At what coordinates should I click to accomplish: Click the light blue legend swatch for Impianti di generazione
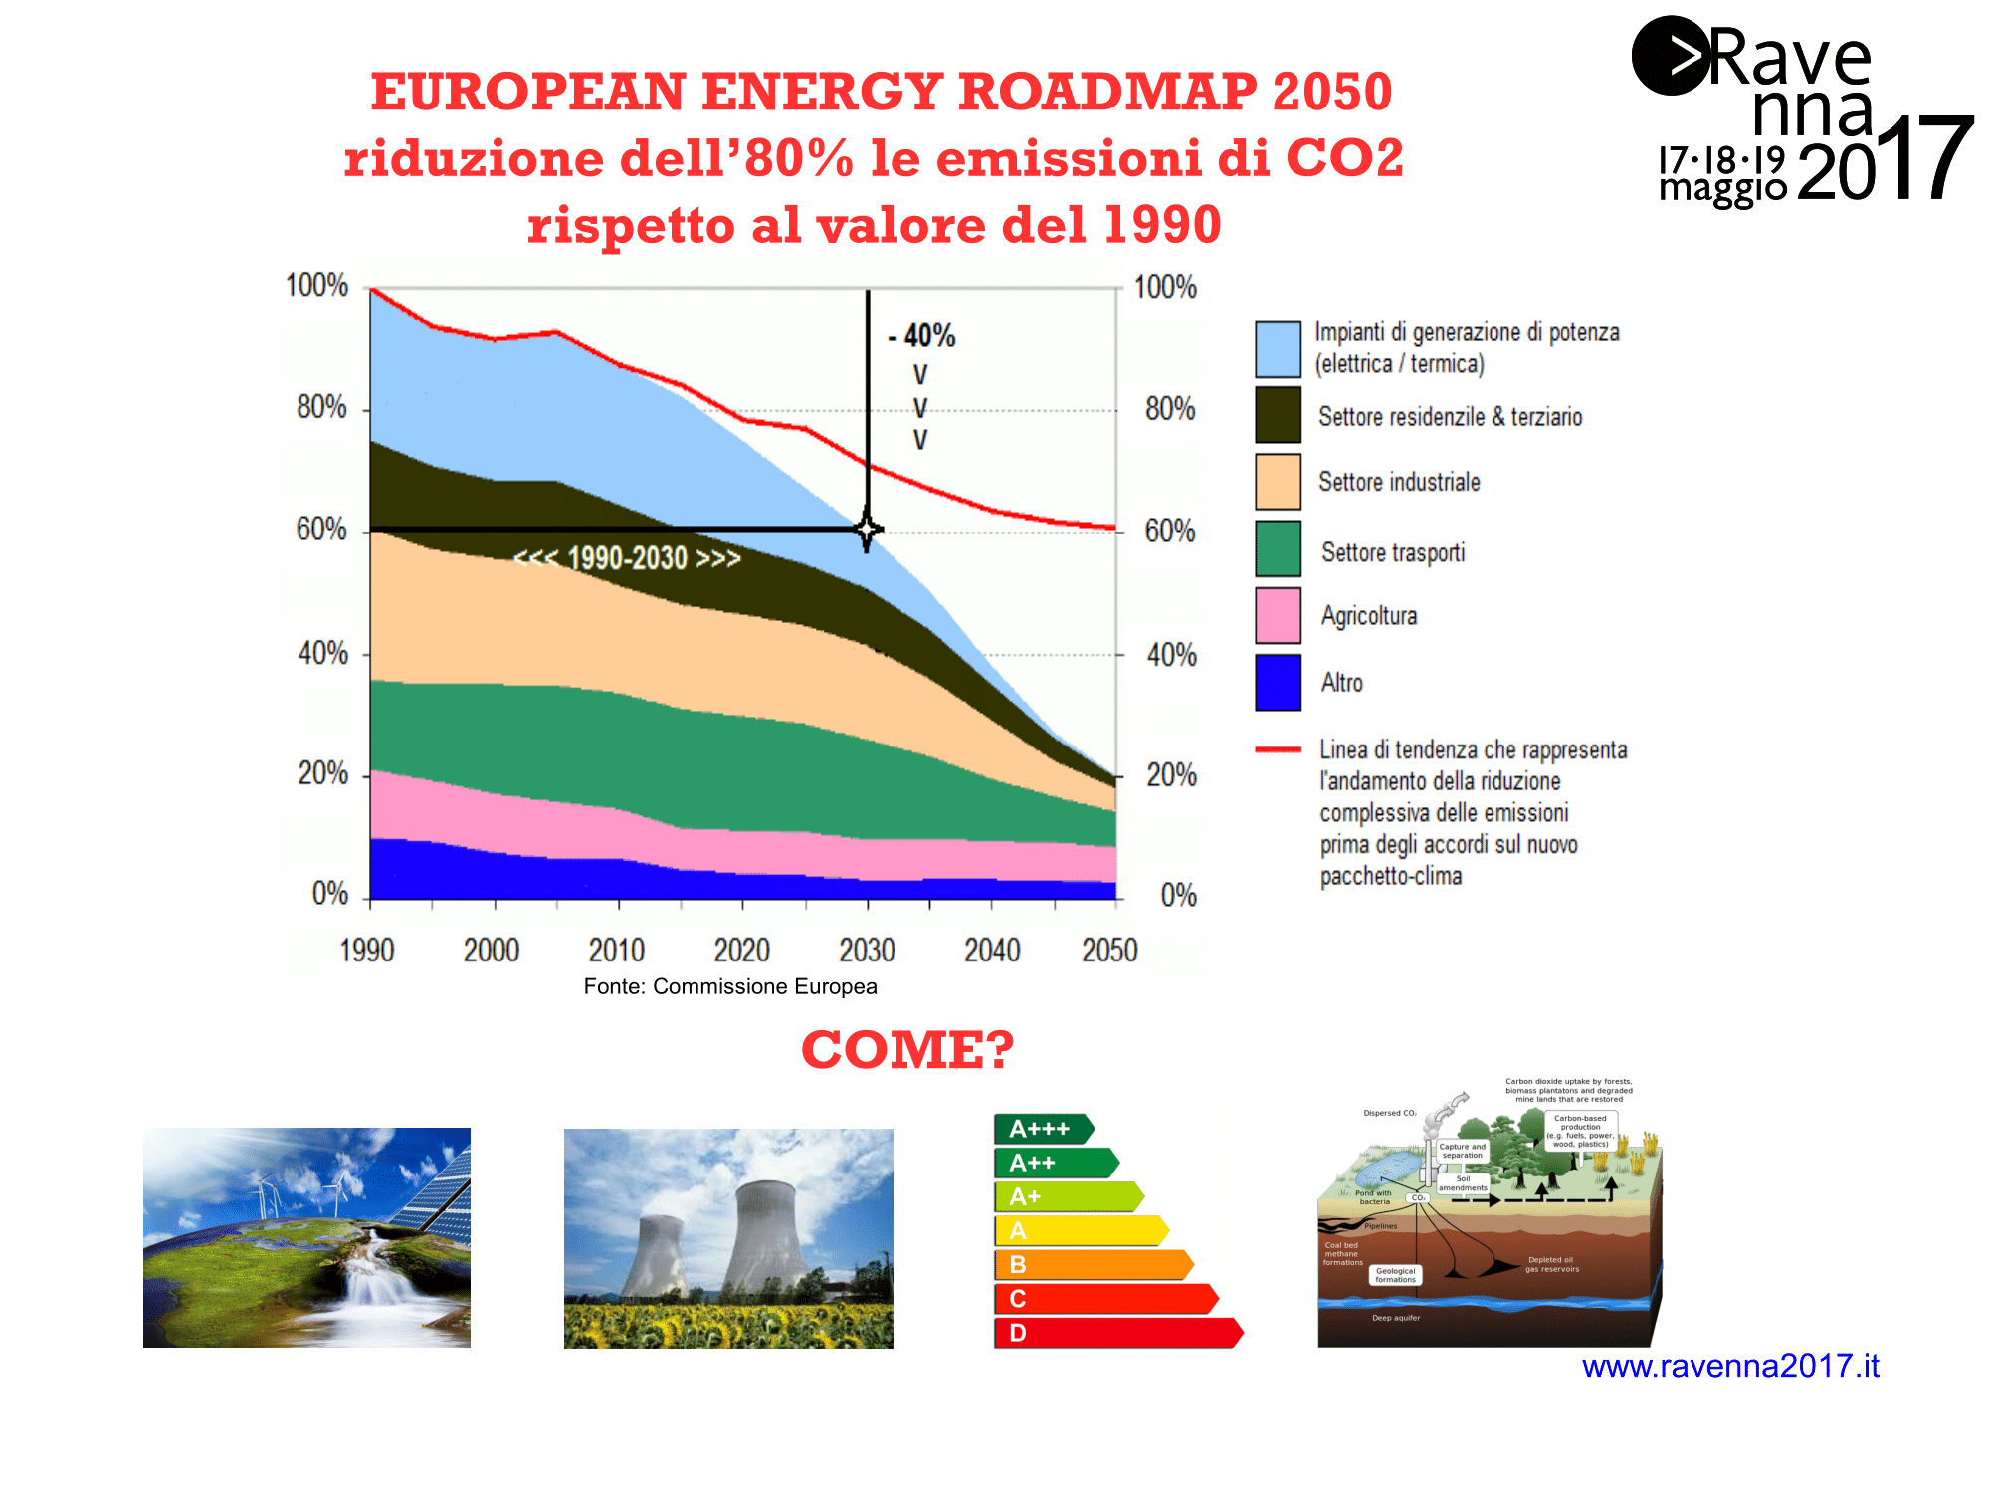point(1278,349)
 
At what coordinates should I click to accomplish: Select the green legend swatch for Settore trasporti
point(1278,548)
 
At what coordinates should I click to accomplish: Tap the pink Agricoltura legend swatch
point(1278,615)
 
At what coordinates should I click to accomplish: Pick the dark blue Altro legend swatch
point(1278,682)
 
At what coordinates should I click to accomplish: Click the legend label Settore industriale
point(1398,482)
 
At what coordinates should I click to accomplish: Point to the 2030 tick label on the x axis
point(867,951)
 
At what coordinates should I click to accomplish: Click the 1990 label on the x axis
point(367,951)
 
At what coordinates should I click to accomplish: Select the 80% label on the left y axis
point(321,407)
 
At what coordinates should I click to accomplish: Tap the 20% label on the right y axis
point(1171,775)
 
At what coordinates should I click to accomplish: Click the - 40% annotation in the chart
point(922,336)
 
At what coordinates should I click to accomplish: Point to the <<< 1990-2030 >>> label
point(627,558)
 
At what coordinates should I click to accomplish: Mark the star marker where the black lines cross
point(868,530)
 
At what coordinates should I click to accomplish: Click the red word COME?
point(907,1049)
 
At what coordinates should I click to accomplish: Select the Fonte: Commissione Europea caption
point(730,986)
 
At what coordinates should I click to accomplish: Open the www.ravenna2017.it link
point(1730,1366)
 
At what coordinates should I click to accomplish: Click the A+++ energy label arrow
point(1043,1129)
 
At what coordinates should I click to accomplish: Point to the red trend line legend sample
point(1278,749)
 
